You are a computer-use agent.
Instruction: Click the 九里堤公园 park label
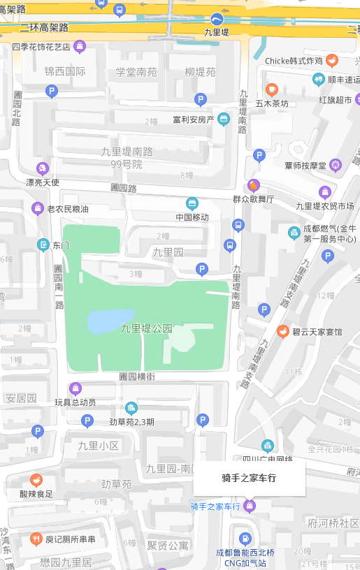(146, 328)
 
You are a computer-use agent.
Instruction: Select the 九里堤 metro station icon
(217, 19)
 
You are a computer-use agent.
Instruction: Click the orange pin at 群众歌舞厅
(253, 186)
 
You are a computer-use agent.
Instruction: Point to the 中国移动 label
(192, 217)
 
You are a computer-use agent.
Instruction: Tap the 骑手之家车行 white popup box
(249, 478)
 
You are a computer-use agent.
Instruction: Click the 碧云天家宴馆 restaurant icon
(283, 331)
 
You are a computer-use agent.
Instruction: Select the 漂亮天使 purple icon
(42, 168)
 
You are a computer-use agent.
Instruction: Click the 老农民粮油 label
(68, 209)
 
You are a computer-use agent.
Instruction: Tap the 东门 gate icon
(43, 244)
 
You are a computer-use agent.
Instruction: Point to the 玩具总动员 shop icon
(75, 389)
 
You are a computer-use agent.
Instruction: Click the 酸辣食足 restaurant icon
(36, 480)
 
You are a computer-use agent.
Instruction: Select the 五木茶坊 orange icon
(272, 89)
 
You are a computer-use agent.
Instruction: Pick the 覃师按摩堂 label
(305, 166)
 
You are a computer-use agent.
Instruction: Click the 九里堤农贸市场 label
(324, 205)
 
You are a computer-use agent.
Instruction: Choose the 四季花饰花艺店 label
(41, 47)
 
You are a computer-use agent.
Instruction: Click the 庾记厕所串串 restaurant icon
(36, 539)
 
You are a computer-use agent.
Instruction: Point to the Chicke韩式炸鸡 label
(294, 61)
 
